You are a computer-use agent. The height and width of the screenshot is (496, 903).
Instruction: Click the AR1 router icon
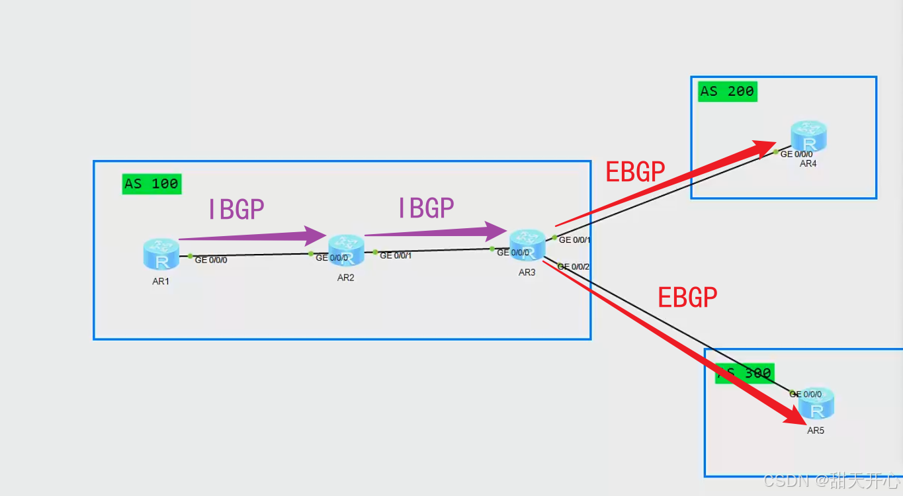pyautogui.click(x=161, y=254)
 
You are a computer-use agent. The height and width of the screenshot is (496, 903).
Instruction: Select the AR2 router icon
pyautogui.click(x=346, y=250)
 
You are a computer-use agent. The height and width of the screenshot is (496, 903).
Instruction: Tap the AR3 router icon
pyautogui.click(x=527, y=245)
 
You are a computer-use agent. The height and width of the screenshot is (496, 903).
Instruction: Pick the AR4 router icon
pyautogui.click(x=808, y=137)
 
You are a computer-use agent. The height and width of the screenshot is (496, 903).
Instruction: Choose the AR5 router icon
pyautogui.click(x=816, y=404)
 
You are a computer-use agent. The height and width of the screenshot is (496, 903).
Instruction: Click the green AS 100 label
pyautogui.click(x=151, y=183)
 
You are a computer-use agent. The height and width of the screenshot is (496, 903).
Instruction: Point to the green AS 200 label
pyautogui.click(x=727, y=91)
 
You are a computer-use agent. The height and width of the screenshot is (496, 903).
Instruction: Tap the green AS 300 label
pyautogui.click(x=745, y=373)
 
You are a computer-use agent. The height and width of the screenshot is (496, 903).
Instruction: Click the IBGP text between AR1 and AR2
pyautogui.click(x=236, y=210)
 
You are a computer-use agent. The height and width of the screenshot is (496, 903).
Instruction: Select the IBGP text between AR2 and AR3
pyautogui.click(x=425, y=208)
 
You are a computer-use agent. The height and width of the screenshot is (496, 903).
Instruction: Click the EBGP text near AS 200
pyautogui.click(x=635, y=173)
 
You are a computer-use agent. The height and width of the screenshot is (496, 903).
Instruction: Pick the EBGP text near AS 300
pyautogui.click(x=687, y=298)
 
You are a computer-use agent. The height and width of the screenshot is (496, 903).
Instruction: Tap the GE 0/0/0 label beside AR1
pyautogui.click(x=211, y=261)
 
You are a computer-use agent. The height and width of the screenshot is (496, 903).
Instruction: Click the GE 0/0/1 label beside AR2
pyautogui.click(x=396, y=256)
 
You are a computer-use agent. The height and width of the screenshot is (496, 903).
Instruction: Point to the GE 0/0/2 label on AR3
pyautogui.click(x=574, y=267)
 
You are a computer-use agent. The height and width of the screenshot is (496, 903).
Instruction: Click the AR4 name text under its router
pyautogui.click(x=808, y=163)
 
